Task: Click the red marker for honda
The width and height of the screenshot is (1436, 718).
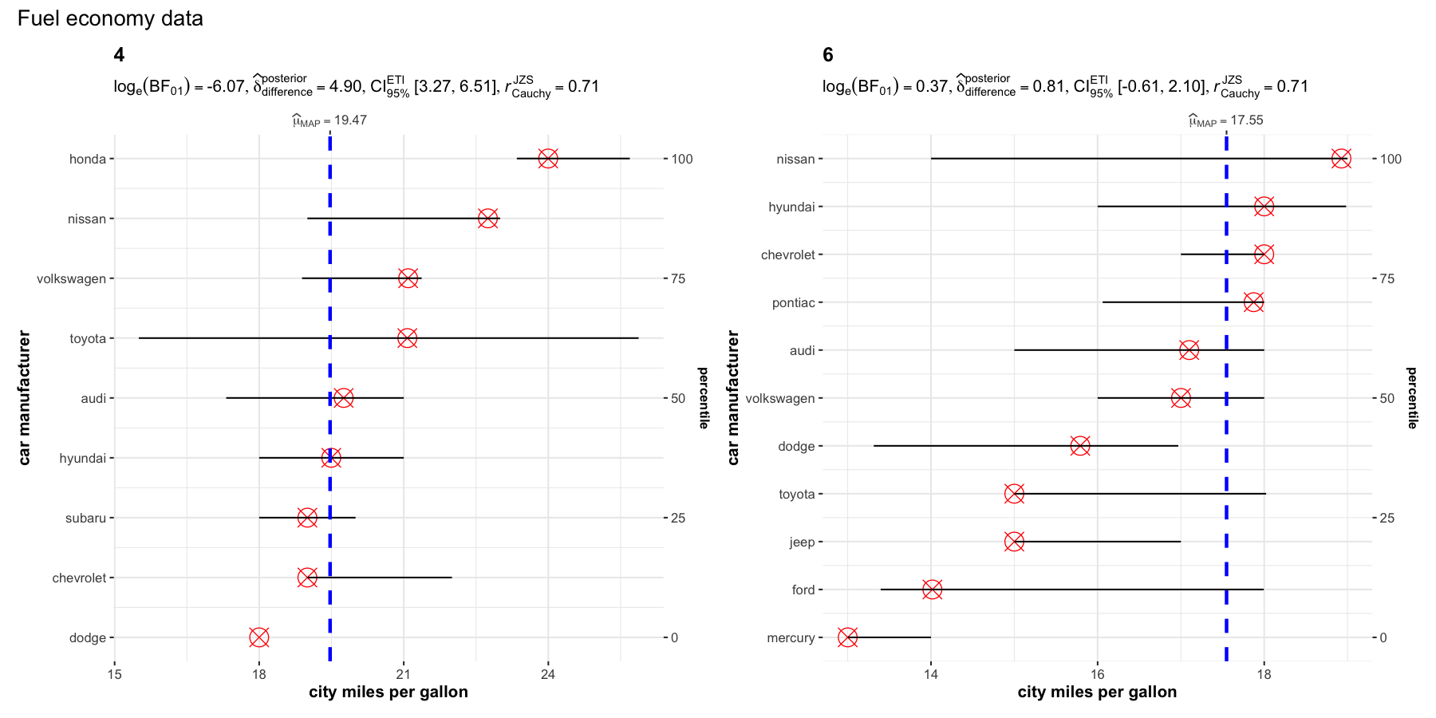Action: pos(548,159)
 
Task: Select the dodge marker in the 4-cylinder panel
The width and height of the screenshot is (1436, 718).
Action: pos(259,637)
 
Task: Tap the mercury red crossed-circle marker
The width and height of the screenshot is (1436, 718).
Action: pos(848,637)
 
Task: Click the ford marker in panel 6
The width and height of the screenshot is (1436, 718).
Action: pos(932,590)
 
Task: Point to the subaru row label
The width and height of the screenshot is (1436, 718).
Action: pos(85,518)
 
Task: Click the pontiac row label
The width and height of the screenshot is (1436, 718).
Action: pos(793,302)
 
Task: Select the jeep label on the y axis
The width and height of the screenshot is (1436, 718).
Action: pos(802,542)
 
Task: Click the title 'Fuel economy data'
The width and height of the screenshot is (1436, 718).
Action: pos(110,18)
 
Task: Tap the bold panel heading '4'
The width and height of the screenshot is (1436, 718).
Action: pos(119,55)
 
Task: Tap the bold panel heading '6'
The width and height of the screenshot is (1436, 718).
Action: pos(828,55)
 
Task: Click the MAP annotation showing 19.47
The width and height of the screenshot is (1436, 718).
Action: pos(329,120)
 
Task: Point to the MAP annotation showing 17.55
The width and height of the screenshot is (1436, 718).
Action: pos(1226,120)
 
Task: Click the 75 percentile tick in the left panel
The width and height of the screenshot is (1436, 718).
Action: pos(677,278)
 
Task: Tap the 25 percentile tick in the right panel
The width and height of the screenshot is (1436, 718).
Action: pos(1387,518)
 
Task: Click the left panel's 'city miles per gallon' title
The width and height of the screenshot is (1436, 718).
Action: pos(389,692)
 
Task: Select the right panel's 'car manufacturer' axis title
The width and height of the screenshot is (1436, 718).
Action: pos(733,397)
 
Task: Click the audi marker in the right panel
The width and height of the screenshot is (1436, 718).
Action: pos(1189,350)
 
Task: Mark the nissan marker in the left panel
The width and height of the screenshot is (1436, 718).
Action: pos(488,219)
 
